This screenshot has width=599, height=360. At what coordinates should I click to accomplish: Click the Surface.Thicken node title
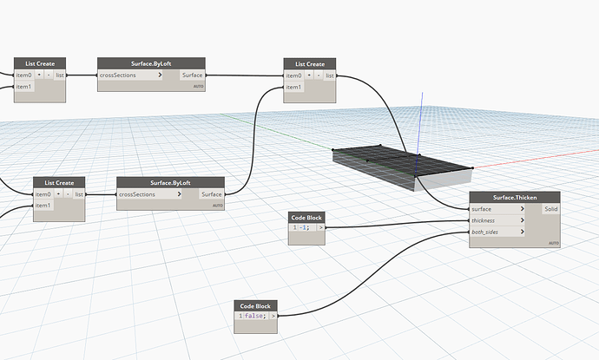tap(515, 197)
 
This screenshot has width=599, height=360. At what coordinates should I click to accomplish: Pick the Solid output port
tap(550, 209)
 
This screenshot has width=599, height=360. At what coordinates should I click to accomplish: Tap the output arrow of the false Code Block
tap(273, 316)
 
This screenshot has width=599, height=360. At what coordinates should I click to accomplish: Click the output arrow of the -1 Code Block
tap(321, 227)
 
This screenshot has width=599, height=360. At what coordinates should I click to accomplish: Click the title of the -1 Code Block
tap(307, 216)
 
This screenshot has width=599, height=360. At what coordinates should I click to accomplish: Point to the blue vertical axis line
tap(421, 113)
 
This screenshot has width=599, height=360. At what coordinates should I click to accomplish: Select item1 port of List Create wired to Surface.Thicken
tap(294, 87)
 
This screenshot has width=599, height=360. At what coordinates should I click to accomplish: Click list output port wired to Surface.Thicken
tap(330, 75)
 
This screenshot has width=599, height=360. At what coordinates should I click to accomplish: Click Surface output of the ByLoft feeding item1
tap(212, 194)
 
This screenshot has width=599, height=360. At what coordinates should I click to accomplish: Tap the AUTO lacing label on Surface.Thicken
tap(553, 243)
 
